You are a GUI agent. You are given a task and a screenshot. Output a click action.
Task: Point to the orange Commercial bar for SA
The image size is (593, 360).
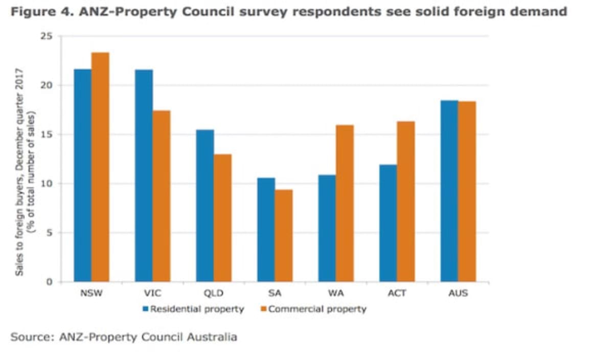point(284,235)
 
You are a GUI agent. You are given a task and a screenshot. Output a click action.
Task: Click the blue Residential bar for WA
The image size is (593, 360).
point(327,228)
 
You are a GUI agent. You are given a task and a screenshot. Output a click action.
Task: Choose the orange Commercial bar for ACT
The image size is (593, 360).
point(406,201)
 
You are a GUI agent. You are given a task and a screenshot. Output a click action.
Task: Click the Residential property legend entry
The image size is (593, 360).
point(193,309)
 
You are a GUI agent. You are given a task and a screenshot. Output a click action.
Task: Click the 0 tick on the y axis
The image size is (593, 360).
point(50,282)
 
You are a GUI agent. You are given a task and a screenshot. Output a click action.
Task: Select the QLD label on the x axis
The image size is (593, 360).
point(214,294)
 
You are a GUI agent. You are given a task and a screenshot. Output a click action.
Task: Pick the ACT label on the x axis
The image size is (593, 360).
point(397,294)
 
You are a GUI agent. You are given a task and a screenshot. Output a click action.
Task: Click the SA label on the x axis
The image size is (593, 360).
point(275,294)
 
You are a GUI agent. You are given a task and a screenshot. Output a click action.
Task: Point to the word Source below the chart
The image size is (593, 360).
point(33,337)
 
